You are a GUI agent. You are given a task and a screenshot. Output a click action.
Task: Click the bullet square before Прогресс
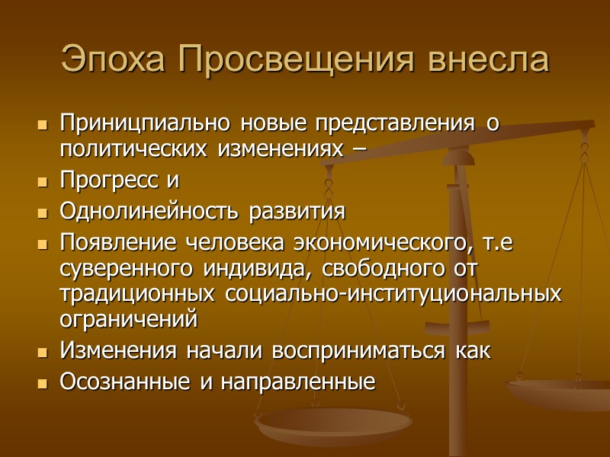42,183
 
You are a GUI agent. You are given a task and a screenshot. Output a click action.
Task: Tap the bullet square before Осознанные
42,382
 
